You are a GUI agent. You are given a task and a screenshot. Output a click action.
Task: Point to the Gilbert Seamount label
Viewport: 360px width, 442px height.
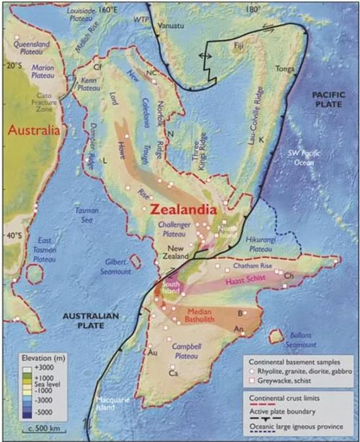coord(119,265)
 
